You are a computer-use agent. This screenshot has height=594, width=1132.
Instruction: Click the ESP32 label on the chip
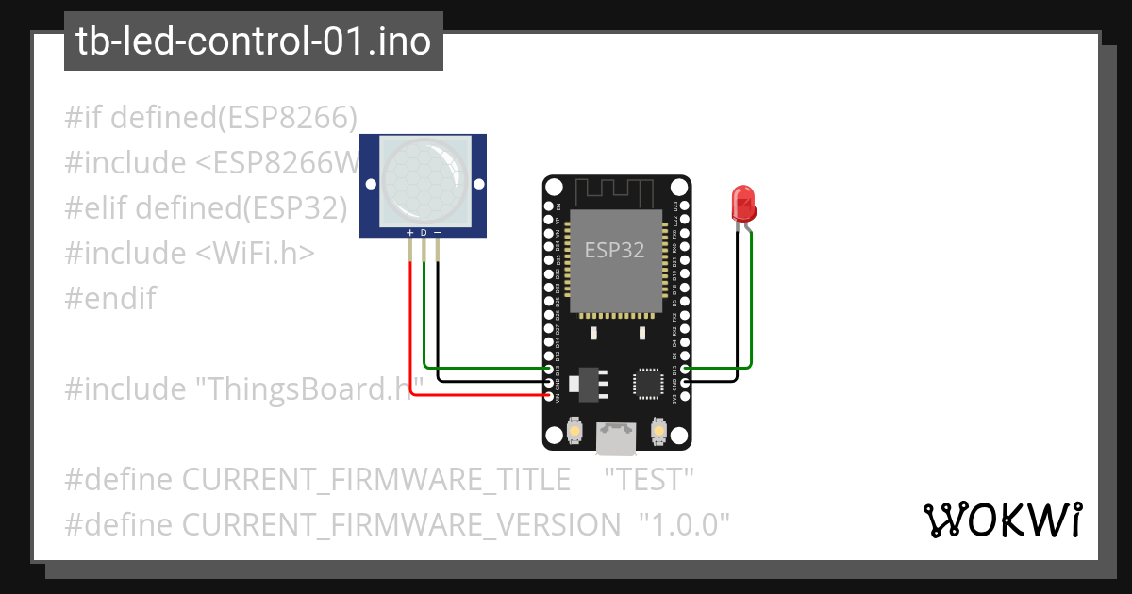(614, 250)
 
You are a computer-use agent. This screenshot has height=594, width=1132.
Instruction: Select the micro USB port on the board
(615, 435)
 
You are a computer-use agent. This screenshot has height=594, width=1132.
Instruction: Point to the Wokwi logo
(1002, 520)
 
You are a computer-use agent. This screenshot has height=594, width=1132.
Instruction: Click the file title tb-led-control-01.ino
(254, 41)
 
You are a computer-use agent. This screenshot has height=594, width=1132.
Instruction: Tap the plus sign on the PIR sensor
(409, 232)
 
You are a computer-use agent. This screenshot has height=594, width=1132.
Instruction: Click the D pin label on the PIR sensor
(424, 232)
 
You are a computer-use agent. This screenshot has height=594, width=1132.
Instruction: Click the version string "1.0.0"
(685, 524)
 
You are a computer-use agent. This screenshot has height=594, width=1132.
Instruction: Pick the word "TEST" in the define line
(649, 479)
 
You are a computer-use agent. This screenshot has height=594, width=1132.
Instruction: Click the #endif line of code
(110, 299)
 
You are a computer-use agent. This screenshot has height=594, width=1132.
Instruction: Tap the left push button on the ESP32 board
(574, 432)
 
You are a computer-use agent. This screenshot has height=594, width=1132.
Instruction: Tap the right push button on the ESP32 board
(658, 432)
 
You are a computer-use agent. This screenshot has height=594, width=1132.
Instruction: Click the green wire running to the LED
(751, 302)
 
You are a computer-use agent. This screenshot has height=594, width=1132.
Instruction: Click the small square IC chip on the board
(648, 383)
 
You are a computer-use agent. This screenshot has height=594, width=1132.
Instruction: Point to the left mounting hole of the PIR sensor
(370, 182)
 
